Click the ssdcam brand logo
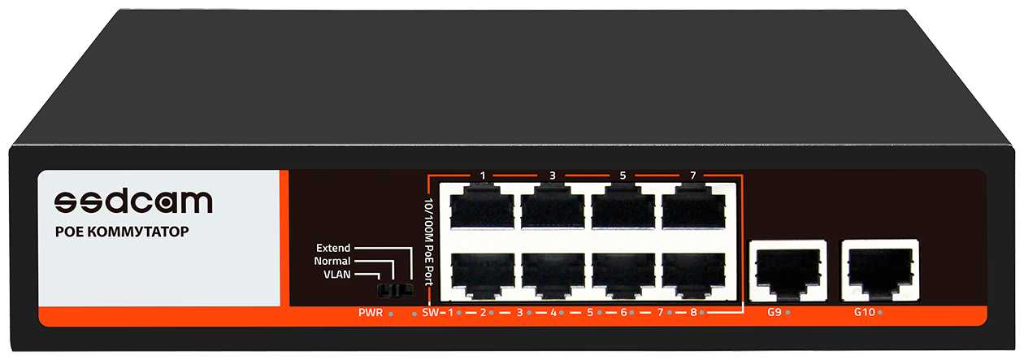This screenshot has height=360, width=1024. coord(133,202)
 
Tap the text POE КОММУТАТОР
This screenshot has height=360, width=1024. coord(121,232)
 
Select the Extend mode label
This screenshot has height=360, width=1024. coord(333,248)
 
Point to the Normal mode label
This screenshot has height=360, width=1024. coord(332,262)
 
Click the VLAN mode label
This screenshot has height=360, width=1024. coord(336,275)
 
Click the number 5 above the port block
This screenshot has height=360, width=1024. coord(623,176)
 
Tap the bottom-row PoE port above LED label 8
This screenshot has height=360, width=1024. coord(693,275)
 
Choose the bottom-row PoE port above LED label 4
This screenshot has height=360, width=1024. coord(553,275)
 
